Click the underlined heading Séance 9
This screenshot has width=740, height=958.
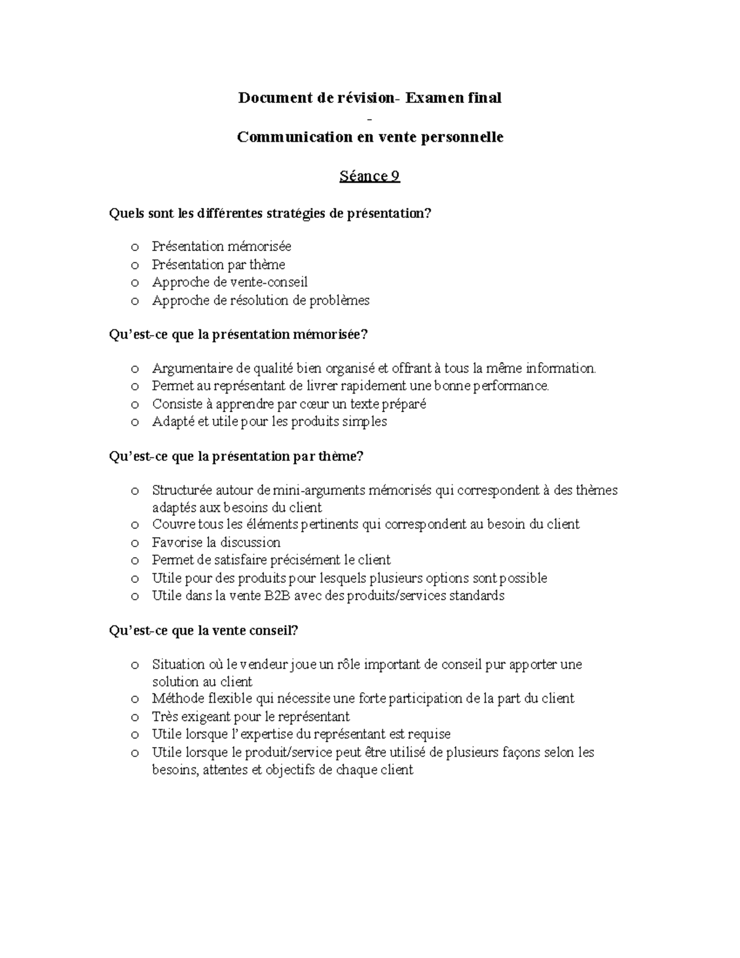(x=369, y=176)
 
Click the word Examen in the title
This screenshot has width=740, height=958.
(x=432, y=97)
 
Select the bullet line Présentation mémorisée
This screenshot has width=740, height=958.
(x=221, y=247)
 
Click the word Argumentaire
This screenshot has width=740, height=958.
(x=191, y=369)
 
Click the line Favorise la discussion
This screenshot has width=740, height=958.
(x=216, y=543)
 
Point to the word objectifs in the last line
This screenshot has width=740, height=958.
(x=289, y=770)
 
